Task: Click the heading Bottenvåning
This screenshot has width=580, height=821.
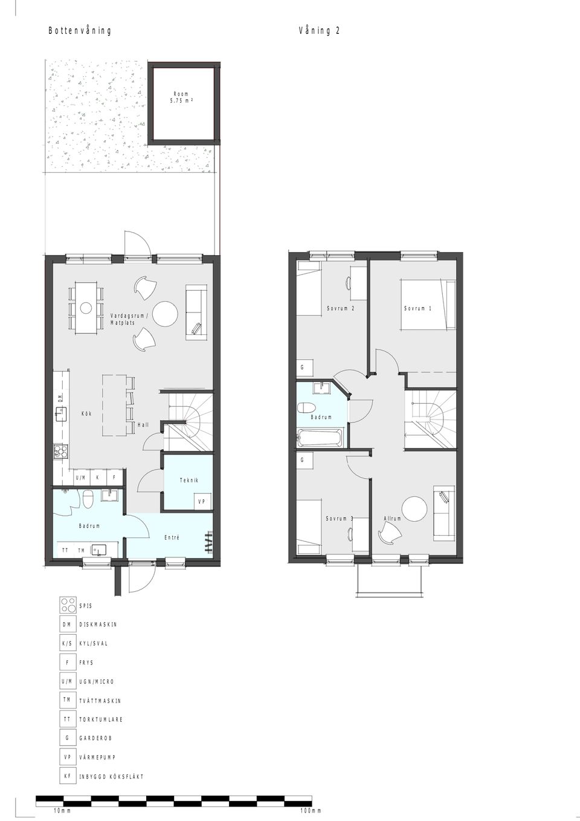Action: [x=80, y=31]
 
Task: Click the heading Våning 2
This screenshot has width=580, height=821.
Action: [x=319, y=31]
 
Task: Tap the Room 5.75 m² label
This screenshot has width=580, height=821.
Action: [x=181, y=97]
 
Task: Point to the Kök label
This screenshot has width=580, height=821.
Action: [x=87, y=414]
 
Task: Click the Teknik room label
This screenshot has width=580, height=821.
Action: [x=188, y=480]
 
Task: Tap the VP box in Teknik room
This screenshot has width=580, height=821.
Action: [x=202, y=502]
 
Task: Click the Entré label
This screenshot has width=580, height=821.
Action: [x=172, y=537]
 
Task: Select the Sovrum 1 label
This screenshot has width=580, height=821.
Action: [x=417, y=309]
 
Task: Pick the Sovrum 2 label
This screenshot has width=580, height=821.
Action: [x=340, y=309]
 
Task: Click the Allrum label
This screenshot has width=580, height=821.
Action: [x=392, y=519]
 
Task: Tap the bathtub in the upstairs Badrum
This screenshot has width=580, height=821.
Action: [x=320, y=438]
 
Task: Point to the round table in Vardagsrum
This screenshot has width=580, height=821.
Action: [x=165, y=314]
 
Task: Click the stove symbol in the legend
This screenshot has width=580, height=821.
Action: [x=68, y=605]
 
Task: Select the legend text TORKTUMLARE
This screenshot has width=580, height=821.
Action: [x=101, y=719]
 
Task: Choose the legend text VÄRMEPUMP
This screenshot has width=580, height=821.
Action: [x=97, y=757]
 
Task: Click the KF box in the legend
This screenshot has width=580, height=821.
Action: [x=68, y=776]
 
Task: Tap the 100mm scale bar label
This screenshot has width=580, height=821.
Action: [x=311, y=811]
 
